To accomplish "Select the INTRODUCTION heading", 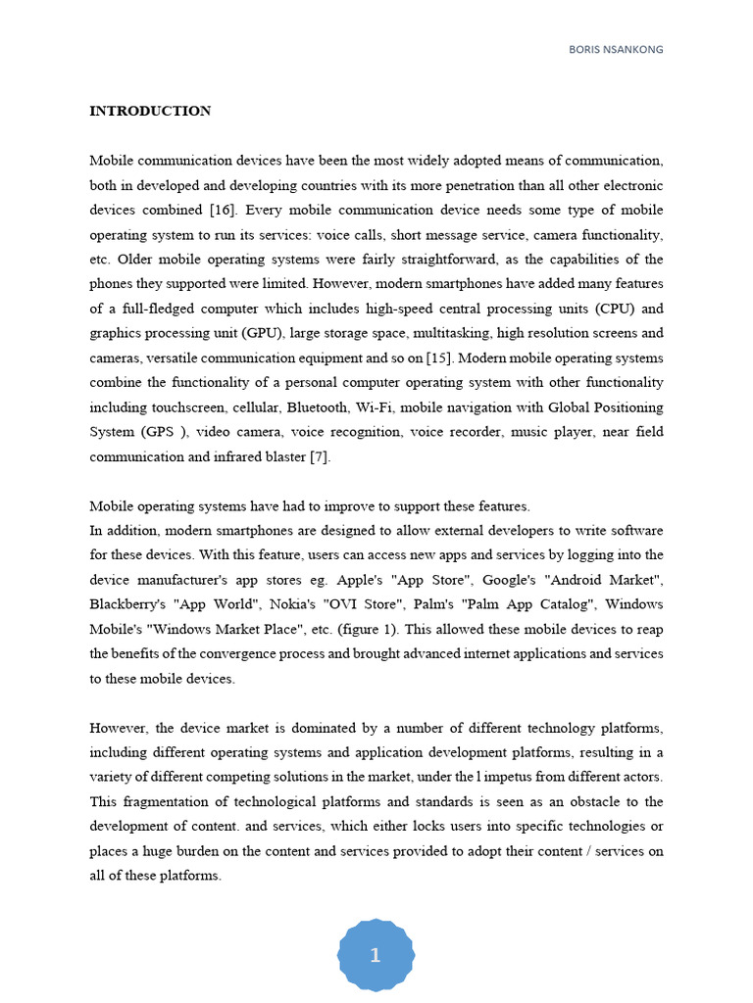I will click(150, 111).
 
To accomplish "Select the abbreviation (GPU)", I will click(245, 333).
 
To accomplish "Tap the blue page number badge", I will click(376, 956).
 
